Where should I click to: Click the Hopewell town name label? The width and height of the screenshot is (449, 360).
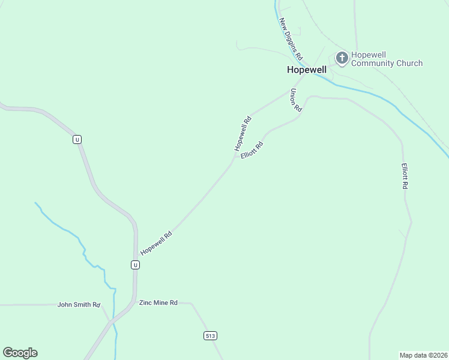(x=306, y=70)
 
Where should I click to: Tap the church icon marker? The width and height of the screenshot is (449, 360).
(x=342, y=58)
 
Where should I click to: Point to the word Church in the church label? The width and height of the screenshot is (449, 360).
(x=409, y=63)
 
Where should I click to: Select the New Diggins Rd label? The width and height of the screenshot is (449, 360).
(x=291, y=39)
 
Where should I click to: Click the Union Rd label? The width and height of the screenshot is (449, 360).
(x=295, y=100)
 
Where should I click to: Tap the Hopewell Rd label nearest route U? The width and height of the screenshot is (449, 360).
(x=156, y=242)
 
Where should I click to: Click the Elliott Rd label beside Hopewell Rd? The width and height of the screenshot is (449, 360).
(x=252, y=150)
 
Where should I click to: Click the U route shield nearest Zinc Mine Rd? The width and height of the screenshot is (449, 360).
(x=136, y=265)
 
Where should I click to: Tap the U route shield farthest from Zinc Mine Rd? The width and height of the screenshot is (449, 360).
(x=77, y=139)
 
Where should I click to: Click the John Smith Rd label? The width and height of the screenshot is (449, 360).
(x=79, y=304)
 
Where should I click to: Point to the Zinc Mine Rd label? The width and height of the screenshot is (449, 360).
(x=158, y=303)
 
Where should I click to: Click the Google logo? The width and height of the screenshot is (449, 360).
(x=20, y=353)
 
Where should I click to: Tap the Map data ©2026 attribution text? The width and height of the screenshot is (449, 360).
(x=423, y=355)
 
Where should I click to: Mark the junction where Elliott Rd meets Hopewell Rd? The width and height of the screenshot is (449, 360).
(x=234, y=161)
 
